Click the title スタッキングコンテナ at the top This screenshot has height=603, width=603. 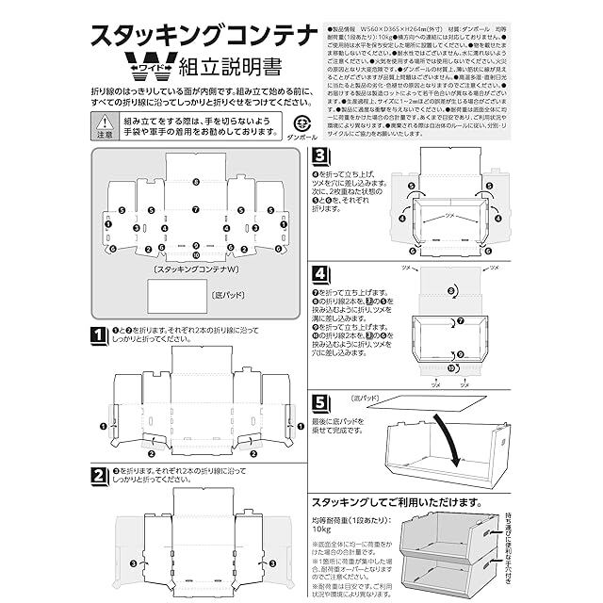tap(204, 35)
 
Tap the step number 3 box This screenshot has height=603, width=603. tap(320, 155)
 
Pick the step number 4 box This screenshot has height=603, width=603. tap(320, 274)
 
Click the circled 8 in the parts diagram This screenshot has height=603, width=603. tap(195, 180)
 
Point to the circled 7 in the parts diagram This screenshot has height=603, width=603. tap(195, 209)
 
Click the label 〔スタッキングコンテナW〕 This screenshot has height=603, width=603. tap(195, 269)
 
